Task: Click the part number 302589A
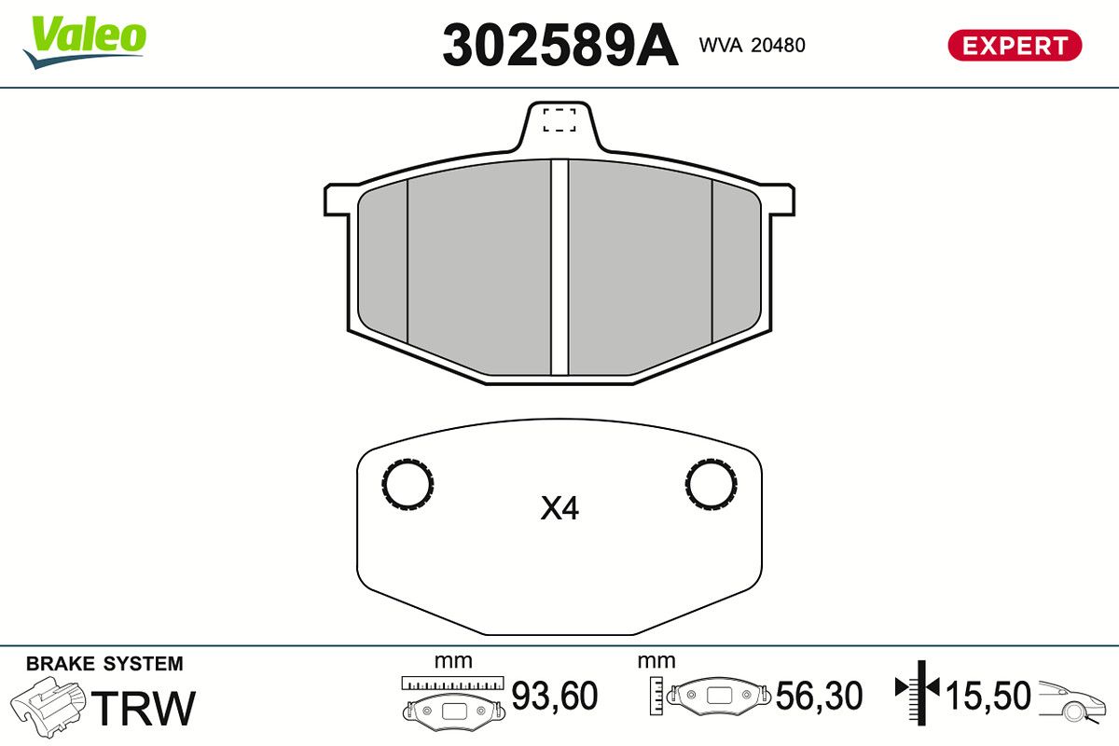point(560,46)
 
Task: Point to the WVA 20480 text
point(752,45)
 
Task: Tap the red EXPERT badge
point(1015,46)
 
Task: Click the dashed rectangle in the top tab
point(559,120)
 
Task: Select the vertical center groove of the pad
point(559,267)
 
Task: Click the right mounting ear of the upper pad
point(781,200)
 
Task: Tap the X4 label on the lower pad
point(559,508)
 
